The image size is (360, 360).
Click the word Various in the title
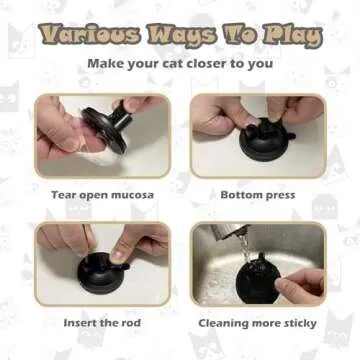pyautogui.click(x=90, y=37)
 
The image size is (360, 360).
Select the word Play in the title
pyautogui.click(x=290, y=37)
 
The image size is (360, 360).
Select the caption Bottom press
pyautogui.click(x=257, y=194)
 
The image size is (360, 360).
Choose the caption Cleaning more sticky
pyautogui.click(x=257, y=322)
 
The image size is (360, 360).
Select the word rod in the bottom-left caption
pyautogui.click(x=129, y=322)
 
